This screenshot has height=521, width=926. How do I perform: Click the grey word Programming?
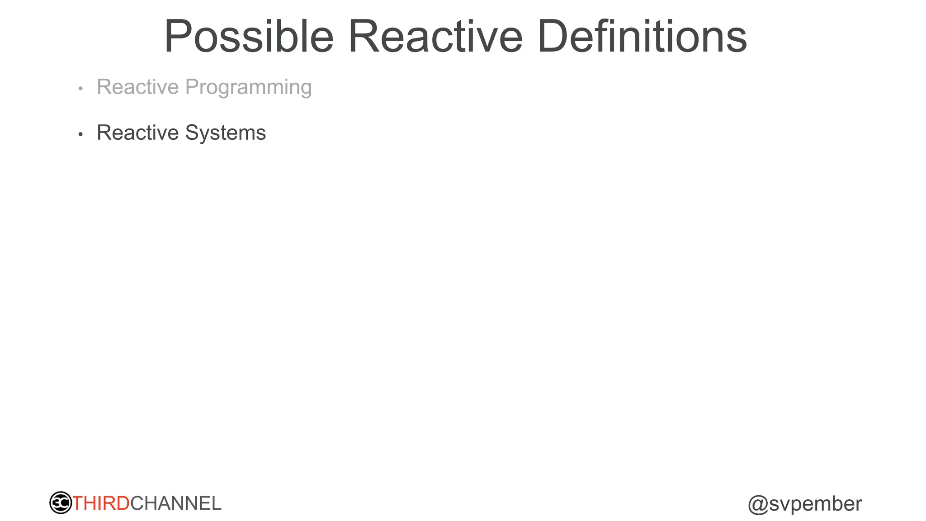point(248,87)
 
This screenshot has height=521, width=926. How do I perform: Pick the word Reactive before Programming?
point(138,87)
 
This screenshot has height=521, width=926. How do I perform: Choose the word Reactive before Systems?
point(138,133)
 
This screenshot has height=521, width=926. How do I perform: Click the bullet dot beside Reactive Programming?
point(80,89)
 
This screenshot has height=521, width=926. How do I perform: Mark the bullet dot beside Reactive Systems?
point(80,134)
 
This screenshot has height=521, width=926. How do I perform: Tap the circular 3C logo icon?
point(61,503)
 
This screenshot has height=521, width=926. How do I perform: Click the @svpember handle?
point(805,504)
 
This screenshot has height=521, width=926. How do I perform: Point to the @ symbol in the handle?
point(758,505)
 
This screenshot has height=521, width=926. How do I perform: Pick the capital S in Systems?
point(192,133)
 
